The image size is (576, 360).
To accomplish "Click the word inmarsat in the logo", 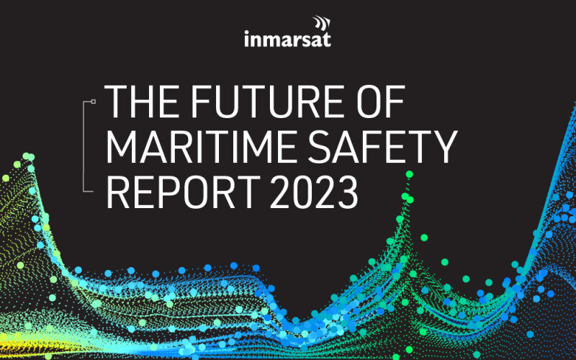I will (x=287, y=38).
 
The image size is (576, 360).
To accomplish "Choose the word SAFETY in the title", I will (x=390, y=148).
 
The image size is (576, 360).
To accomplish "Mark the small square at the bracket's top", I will (x=94, y=102).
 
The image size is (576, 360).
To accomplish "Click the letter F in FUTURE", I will (x=199, y=103).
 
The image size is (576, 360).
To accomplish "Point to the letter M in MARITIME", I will (x=123, y=148).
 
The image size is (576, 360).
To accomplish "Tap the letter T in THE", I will (x=115, y=103).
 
